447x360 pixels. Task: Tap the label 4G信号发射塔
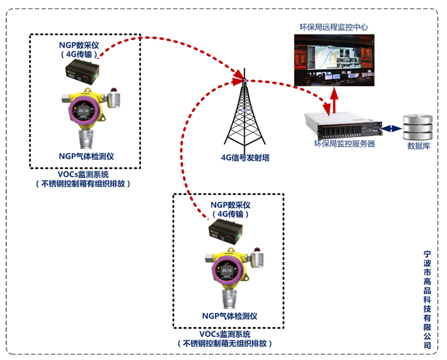[245, 157]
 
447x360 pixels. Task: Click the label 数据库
[418, 146]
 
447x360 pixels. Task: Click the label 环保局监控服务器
[344, 144]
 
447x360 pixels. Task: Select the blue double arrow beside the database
[390, 129]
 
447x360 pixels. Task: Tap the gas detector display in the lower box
[227, 270]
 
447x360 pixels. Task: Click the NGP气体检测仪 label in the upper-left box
[86, 156]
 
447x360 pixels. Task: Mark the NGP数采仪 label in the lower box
[228, 204]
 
